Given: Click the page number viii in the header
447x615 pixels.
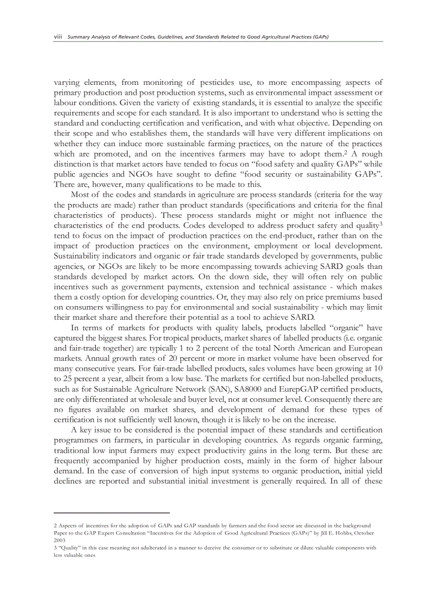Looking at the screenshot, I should [57, 37].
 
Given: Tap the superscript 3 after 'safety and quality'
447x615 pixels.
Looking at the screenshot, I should [381, 223].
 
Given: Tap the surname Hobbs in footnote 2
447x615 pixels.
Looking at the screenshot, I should [335, 532].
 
